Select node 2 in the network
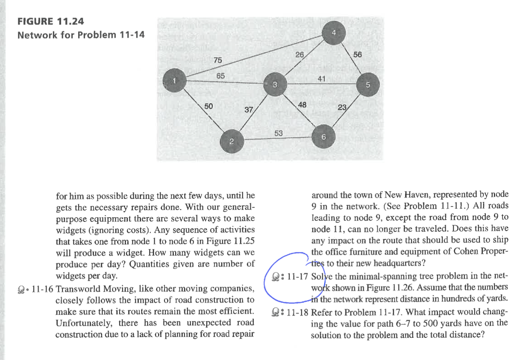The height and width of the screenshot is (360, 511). pyautogui.click(x=232, y=141)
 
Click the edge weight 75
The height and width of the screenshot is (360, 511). pyautogui.click(x=218, y=61)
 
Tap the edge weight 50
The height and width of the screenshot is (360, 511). pyautogui.click(x=209, y=106)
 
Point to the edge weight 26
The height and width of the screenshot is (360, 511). pyautogui.click(x=300, y=55)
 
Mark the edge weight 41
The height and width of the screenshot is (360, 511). pyautogui.click(x=322, y=78)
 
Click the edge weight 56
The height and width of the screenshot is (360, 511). pyautogui.click(x=357, y=55)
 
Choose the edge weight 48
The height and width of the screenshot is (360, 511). pyautogui.click(x=302, y=104)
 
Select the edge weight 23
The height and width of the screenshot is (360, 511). pyautogui.click(x=342, y=108)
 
